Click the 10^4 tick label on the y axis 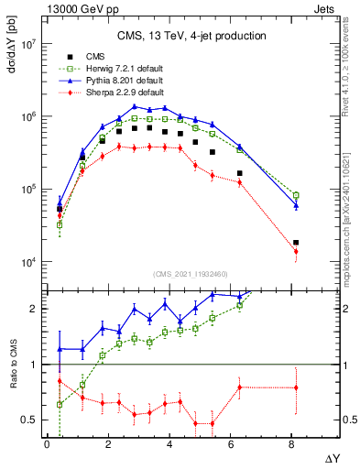pos(27,262)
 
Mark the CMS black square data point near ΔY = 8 pos(296,243)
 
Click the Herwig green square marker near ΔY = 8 pos(296,195)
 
